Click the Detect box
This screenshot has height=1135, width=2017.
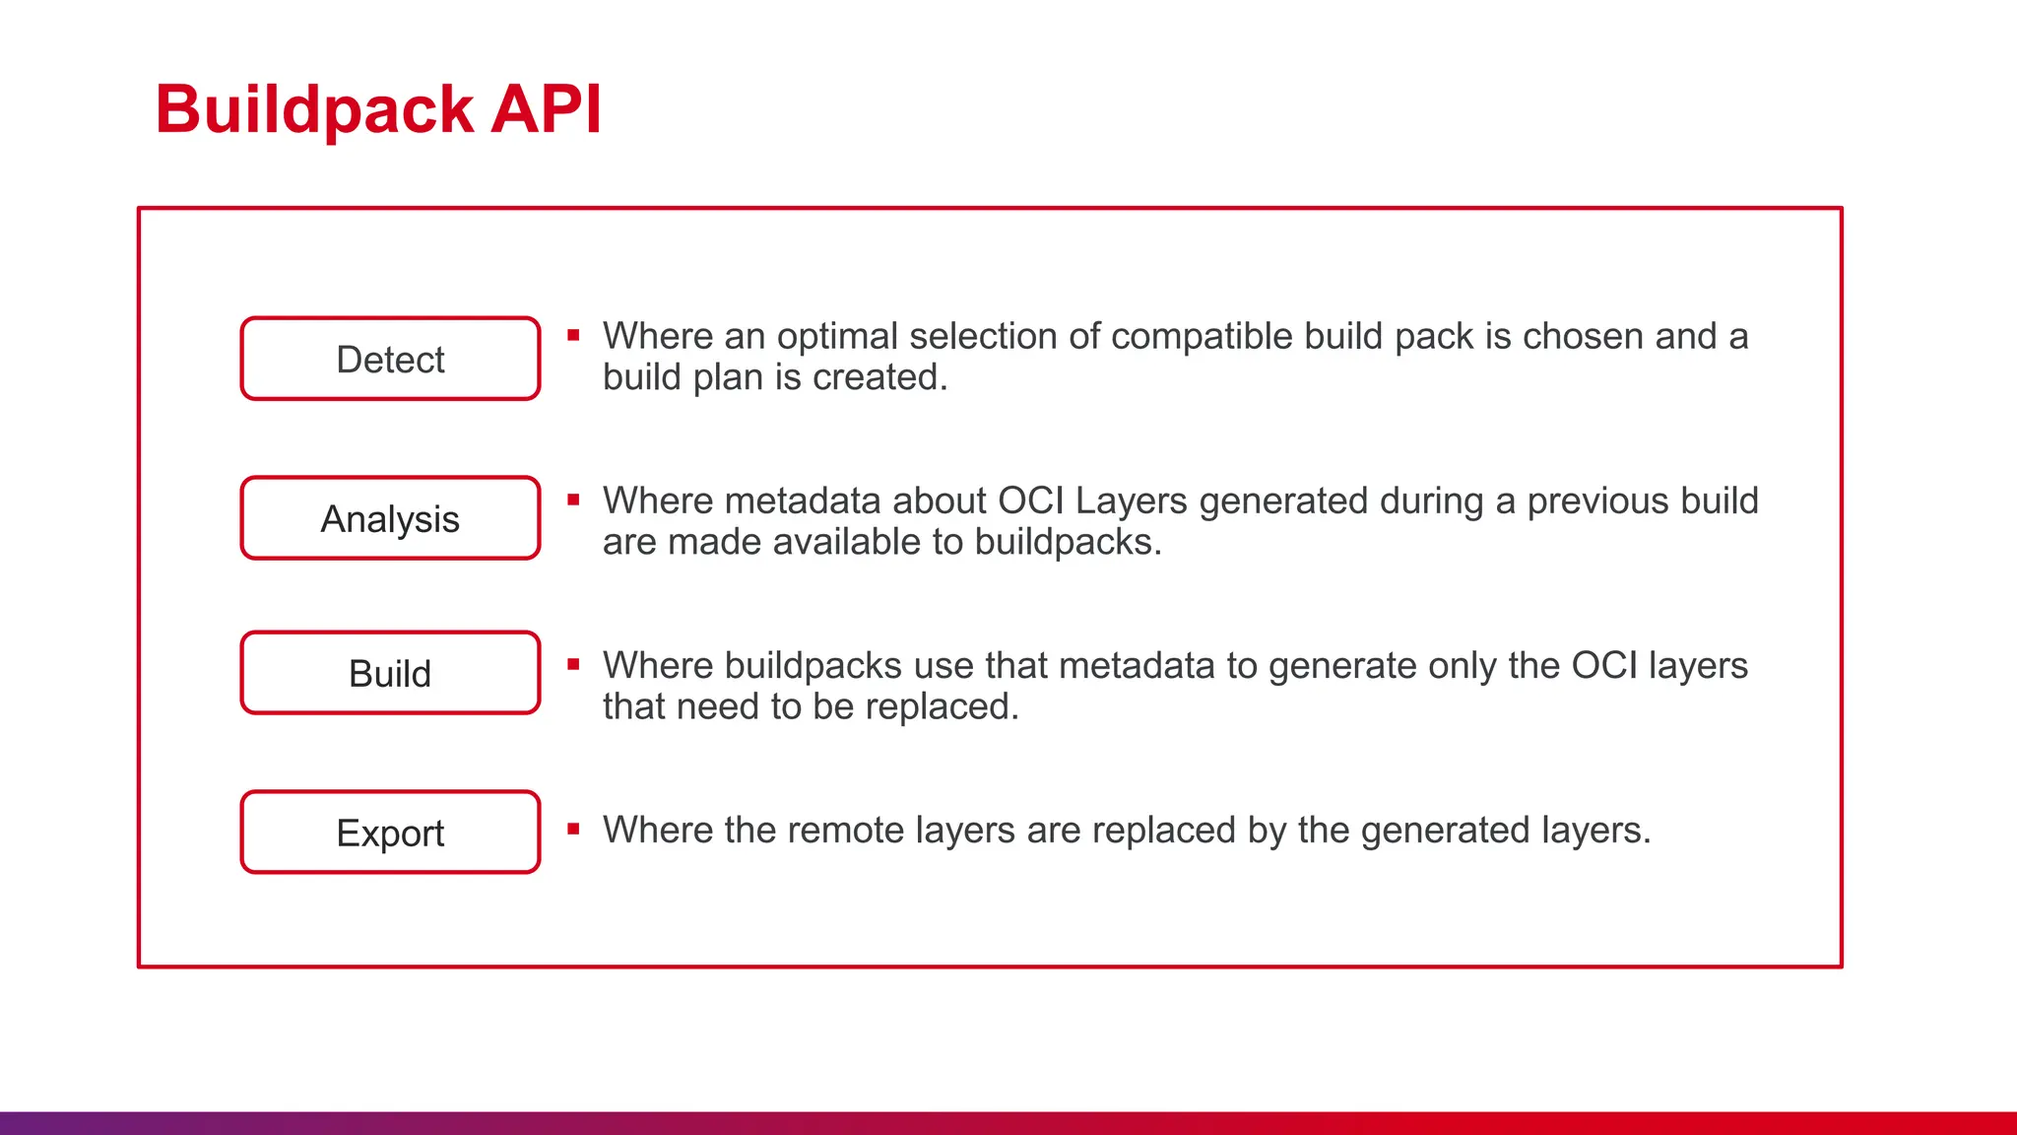pyautogui.click(x=390, y=359)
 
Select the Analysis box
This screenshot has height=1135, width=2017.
pyautogui.click(x=390, y=518)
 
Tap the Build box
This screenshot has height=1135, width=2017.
pyautogui.click(x=390, y=673)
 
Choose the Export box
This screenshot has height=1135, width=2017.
pyautogui.click(x=390, y=833)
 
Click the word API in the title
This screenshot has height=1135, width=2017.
pyautogui.click(x=546, y=108)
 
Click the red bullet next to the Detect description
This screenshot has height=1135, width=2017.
pyautogui.click(x=573, y=335)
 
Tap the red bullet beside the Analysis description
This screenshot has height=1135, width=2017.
pyautogui.click(x=573, y=500)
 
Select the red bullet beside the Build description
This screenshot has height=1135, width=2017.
pyautogui.click(x=573, y=664)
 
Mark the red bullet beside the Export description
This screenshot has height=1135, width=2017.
pyautogui.click(x=573, y=829)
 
